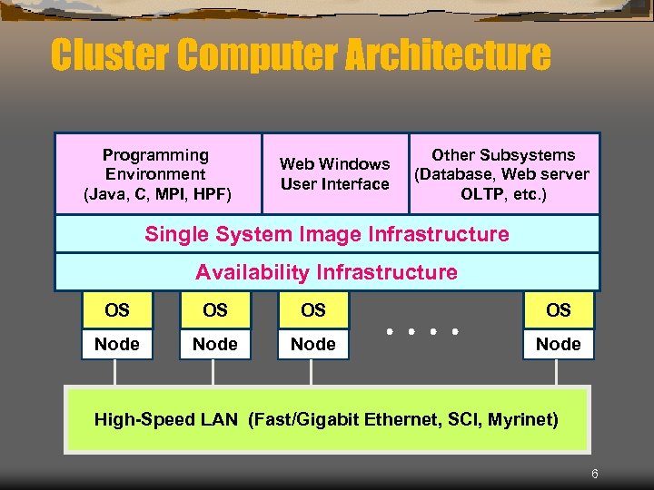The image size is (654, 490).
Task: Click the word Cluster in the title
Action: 110,55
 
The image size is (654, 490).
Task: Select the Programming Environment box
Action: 157,174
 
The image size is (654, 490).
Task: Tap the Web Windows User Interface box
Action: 334,174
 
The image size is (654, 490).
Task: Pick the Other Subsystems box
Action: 503,174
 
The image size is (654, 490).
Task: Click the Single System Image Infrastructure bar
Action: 327,234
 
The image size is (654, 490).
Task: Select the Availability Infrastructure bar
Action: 327,272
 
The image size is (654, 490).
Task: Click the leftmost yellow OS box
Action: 117,310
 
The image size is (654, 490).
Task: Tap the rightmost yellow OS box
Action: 559,310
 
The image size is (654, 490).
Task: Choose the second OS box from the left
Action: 215,310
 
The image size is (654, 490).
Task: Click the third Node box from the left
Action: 313,344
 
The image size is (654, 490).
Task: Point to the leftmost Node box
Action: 117,344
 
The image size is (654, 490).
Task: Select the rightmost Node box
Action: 559,344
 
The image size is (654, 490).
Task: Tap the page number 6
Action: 595,474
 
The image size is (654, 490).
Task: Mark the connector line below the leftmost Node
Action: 115,373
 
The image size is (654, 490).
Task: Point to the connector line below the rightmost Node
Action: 558,373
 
